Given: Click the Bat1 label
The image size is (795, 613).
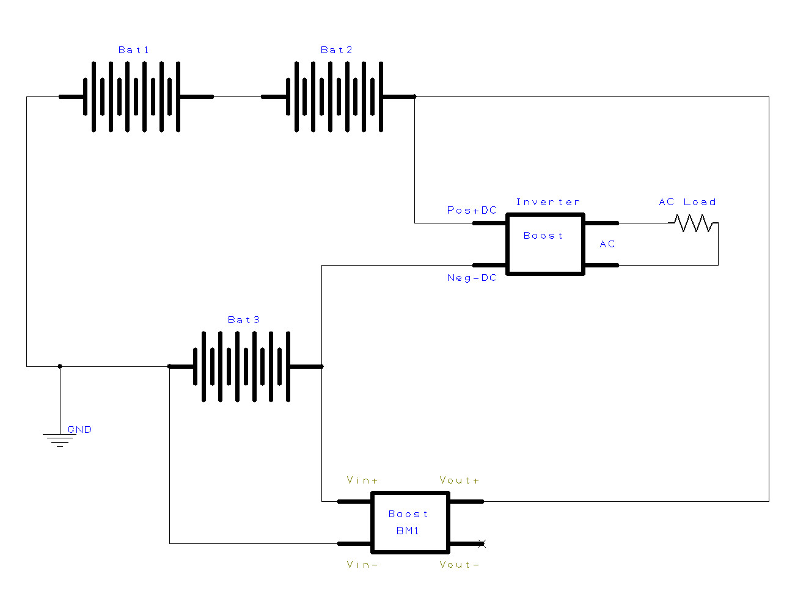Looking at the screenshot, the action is pyautogui.click(x=134, y=49).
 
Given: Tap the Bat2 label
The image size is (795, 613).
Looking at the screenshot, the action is pyautogui.click(x=336, y=49).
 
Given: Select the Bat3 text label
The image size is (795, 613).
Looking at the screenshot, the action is pyautogui.click(x=243, y=320).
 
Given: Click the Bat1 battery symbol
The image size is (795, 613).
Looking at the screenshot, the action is pyautogui.click(x=136, y=97).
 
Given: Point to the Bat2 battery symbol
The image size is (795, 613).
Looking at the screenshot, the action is pyautogui.click(x=339, y=97).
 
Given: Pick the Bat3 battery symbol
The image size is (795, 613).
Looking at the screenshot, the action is pyautogui.click(x=246, y=366).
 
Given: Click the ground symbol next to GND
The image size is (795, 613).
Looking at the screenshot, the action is pyautogui.click(x=60, y=440).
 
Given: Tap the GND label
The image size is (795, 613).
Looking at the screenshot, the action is pyautogui.click(x=80, y=429).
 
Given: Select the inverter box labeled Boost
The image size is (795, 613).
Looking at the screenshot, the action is pyautogui.click(x=545, y=244).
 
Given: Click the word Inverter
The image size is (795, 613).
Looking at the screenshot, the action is pyautogui.click(x=548, y=202).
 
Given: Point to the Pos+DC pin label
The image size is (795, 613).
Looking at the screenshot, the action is pyautogui.click(x=472, y=210).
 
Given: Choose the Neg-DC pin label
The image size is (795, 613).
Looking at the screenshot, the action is pyautogui.click(x=472, y=278).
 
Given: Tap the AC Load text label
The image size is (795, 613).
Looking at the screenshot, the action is pyautogui.click(x=687, y=202).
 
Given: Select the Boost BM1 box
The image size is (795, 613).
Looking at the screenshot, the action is pyautogui.click(x=410, y=523).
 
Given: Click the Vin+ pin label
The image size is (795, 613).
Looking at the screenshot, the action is pyautogui.click(x=362, y=480).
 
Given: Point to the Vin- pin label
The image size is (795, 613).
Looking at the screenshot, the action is pyautogui.click(x=362, y=565).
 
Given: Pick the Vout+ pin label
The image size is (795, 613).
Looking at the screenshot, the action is pyautogui.click(x=459, y=480).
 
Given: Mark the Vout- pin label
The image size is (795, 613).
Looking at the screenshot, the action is pyautogui.click(x=459, y=565).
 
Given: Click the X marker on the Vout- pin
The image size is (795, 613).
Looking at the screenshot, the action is pyautogui.click(x=482, y=543).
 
